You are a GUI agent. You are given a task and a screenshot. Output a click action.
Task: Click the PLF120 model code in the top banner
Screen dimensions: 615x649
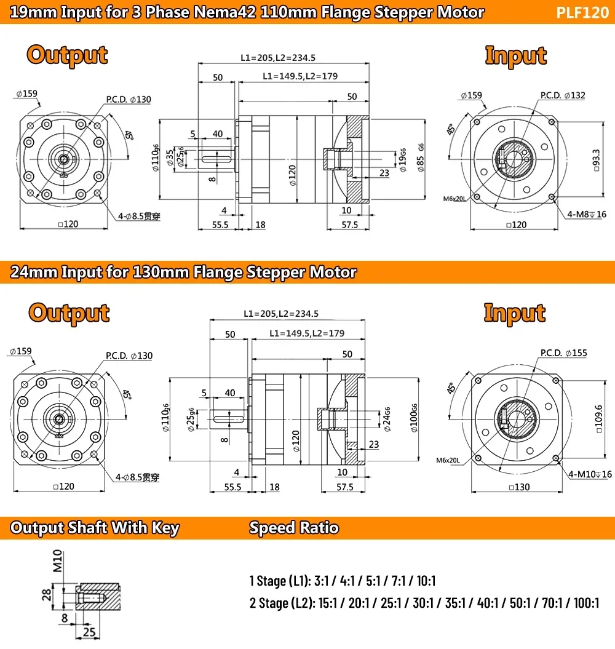582,12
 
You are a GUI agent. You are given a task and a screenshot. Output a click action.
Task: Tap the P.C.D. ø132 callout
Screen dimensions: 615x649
563,95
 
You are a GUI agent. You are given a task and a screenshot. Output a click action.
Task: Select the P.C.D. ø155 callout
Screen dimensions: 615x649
564,353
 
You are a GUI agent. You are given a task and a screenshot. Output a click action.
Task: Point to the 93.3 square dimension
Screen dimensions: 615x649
597,160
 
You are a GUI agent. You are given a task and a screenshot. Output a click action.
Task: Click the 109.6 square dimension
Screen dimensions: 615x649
598,419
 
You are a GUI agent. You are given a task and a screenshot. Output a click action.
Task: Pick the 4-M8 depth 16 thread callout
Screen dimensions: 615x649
587,215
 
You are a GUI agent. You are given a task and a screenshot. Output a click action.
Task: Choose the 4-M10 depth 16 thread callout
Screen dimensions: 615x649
590,474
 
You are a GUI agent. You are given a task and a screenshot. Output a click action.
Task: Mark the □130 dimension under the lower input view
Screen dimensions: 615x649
519,487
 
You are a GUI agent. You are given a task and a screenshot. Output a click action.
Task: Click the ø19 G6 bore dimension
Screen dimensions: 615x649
403,160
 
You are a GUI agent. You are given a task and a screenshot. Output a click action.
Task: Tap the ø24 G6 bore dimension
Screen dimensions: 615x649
387,420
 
